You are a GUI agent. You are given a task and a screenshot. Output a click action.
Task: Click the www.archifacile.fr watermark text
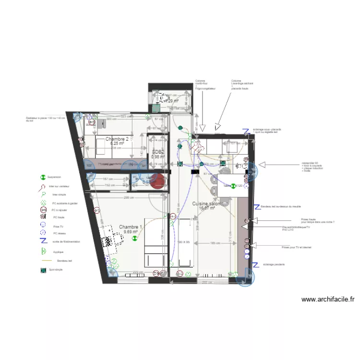(328, 299)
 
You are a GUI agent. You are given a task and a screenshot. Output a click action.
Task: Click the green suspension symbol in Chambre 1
(135, 237)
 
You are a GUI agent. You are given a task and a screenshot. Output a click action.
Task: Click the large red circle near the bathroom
(159, 181)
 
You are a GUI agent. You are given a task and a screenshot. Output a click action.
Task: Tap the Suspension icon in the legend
(43, 177)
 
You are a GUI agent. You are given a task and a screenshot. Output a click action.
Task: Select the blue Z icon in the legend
(43, 241)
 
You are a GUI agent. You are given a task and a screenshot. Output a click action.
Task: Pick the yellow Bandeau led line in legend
(46, 261)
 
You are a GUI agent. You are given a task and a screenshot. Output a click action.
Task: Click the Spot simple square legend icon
(43, 270)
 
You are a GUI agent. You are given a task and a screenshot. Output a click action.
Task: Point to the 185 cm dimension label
(216, 243)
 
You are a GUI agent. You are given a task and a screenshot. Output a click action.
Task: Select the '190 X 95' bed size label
(183, 242)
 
